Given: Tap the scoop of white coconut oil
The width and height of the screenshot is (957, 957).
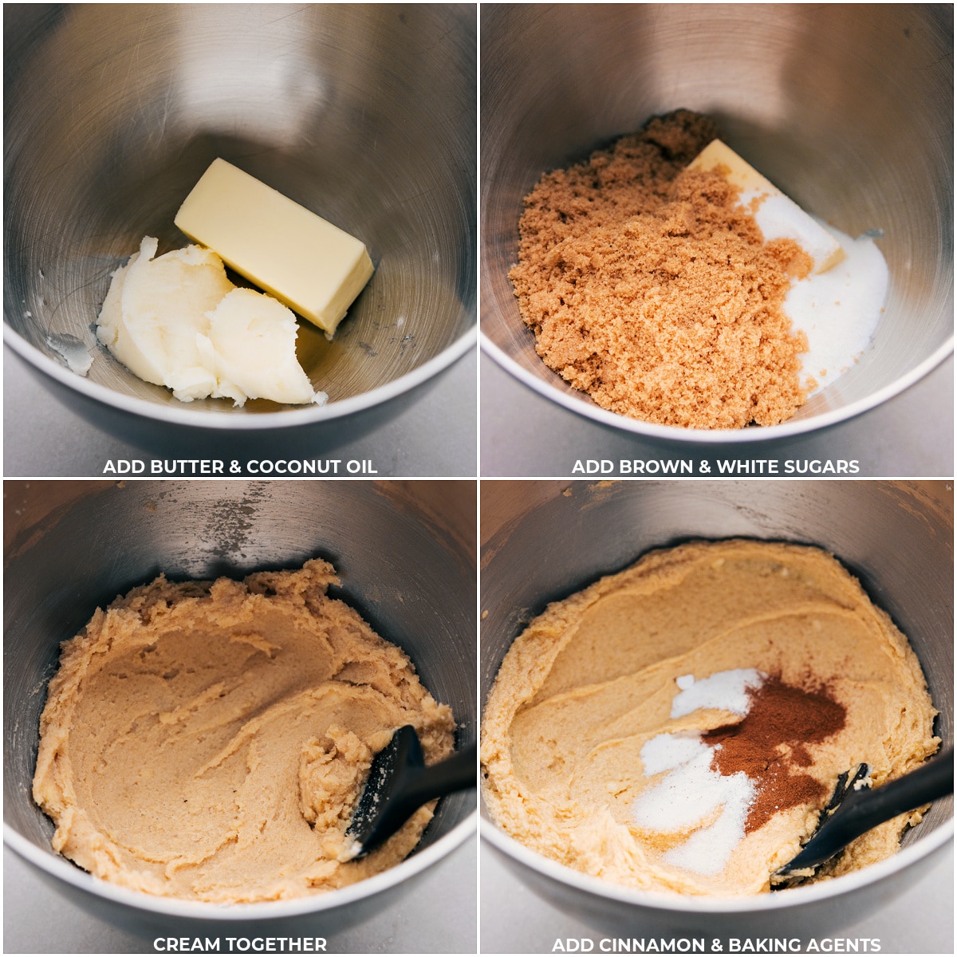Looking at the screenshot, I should pos(199,327).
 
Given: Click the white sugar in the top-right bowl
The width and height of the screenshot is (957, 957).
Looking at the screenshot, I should pos(837,303).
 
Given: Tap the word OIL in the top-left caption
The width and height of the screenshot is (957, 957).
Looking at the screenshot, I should pos(362,467).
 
